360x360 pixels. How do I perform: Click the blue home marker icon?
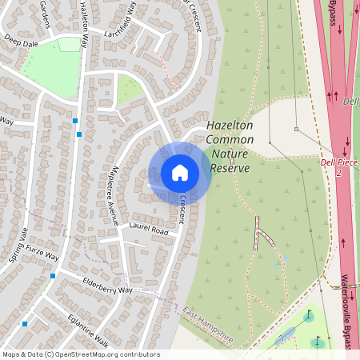tap(179, 173)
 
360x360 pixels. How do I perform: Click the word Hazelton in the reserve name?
tap(230, 126)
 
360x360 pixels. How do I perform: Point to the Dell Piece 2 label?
tap(337, 167)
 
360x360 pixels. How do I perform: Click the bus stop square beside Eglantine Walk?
tap(25, 324)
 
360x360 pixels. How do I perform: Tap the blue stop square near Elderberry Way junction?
tap(53, 275)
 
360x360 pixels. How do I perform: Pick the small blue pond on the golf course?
tap(283, 338)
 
